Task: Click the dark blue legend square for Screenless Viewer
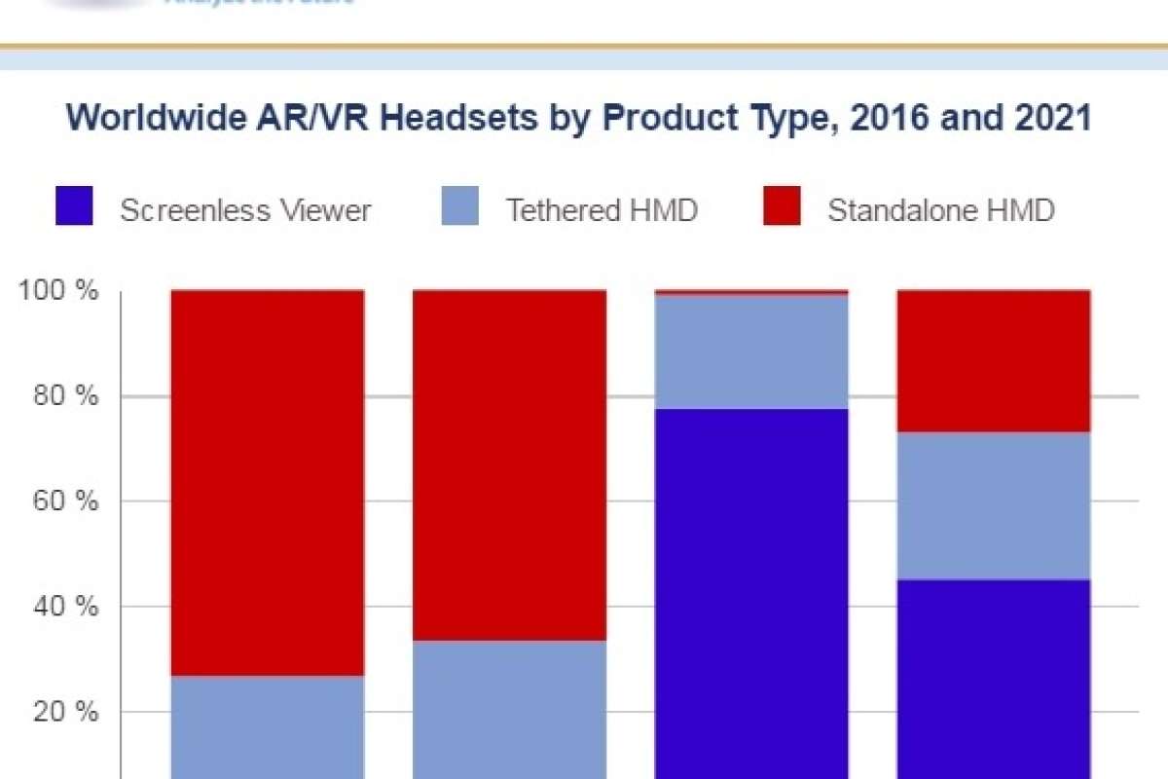point(75,208)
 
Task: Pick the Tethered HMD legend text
point(602,210)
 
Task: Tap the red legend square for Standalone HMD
point(783,208)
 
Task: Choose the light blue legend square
point(460,208)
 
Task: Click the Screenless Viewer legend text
point(245,210)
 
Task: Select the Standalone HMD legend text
point(941,210)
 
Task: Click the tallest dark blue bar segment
point(751,594)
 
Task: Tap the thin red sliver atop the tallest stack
point(751,292)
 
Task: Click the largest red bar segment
point(268,482)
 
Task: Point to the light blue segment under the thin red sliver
point(751,352)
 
